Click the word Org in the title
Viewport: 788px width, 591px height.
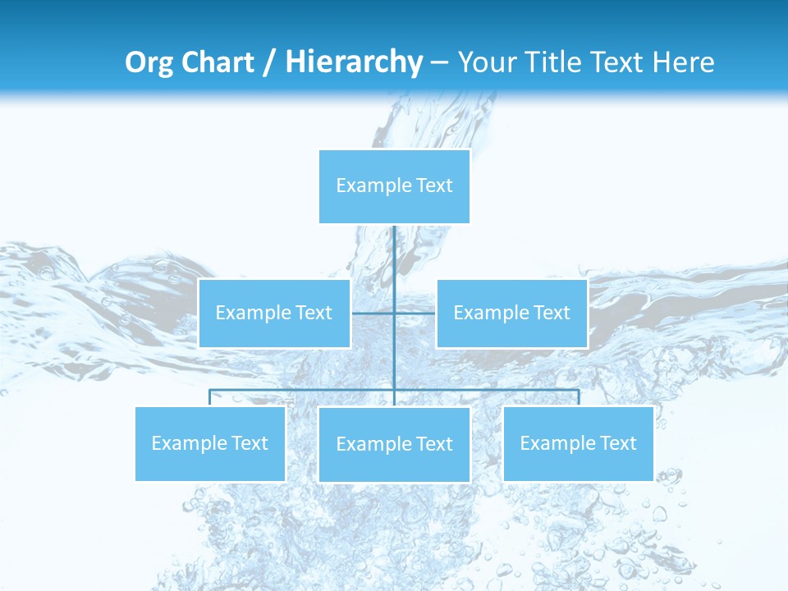pyautogui.click(x=148, y=62)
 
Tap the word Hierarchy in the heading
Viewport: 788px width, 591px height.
pyautogui.click(x=353, y=62)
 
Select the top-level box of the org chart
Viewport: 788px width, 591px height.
pyautogui.click(x=394, y=186)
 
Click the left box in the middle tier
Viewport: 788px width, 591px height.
pyautogui.click(x=274, y=314)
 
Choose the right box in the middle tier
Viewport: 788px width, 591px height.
pyautogui.click(x=511, y=314)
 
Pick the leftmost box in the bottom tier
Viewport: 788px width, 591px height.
pyautogui.click(x=210, y=444)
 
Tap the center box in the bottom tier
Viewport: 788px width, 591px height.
pyautogui.click(x=394, y=445)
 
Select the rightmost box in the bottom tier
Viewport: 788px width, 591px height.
pyautogui.click(x=578, y=444)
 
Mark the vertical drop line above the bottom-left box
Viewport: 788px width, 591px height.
pyautogui.click(x=210, y=397)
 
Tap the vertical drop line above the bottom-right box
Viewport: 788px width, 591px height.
pyautogui.click(x=578, y=397)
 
